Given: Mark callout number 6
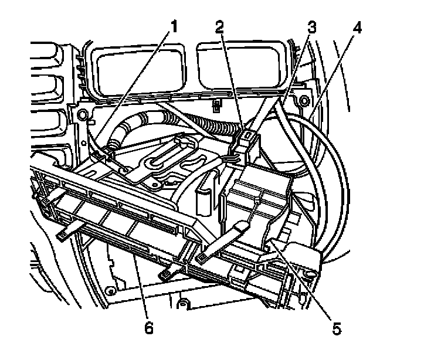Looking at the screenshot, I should (149, 327).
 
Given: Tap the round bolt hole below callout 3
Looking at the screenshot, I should (304, 103).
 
